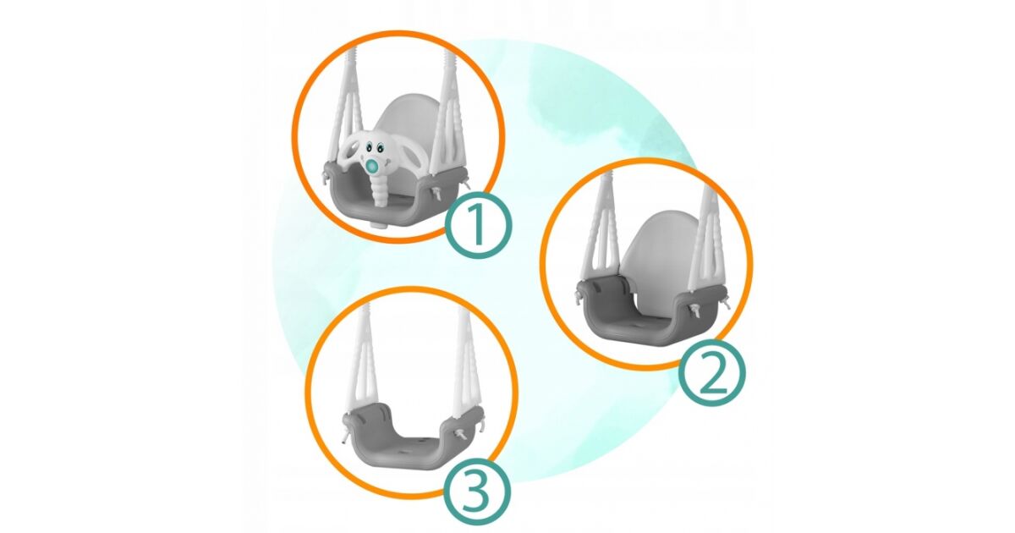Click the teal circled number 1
479,225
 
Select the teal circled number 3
476,492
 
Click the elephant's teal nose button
373,168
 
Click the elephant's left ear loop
350,159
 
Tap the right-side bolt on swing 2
694,310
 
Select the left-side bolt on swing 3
345,435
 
